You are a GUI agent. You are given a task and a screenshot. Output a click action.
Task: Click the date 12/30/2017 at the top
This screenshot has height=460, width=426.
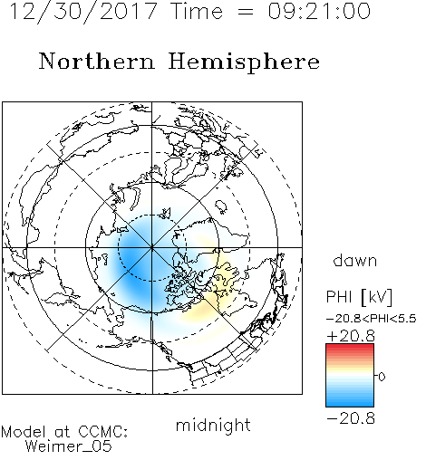coord(83,11)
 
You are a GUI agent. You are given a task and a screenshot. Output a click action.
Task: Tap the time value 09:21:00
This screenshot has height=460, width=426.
coord(319,11)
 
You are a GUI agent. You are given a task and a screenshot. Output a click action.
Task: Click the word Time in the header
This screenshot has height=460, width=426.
coord(197,11)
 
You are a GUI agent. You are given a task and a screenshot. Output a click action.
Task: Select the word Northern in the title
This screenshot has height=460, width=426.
coord(97,61)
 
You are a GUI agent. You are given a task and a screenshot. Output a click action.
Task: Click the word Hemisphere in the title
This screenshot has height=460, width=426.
coord(244,62)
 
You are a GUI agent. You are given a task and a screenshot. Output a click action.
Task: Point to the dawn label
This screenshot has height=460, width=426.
coord(355,260)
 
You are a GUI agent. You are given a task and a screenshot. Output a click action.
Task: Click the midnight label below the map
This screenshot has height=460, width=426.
coord(213,426)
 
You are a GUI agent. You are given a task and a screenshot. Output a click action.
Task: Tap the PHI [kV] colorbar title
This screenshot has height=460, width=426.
coord(359,297)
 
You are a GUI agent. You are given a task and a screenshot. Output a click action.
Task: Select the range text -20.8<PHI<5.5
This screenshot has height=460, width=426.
coord(372,319)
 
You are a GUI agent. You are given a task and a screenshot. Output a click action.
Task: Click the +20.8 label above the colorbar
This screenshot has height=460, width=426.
coord(351,336)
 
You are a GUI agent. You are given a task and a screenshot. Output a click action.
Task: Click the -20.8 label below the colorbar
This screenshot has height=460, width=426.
coord(351,418)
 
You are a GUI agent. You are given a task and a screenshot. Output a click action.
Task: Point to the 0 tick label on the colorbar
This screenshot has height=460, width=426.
coord(382,377)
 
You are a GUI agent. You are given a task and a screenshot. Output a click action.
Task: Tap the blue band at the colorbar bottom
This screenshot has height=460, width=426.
coord(350,402)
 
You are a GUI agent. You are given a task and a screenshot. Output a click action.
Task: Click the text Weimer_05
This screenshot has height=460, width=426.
coord(69,446)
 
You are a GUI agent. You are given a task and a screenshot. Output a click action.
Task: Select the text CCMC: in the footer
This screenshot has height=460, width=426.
coord(103,431)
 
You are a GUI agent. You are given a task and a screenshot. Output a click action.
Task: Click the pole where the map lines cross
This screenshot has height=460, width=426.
coord(152,248)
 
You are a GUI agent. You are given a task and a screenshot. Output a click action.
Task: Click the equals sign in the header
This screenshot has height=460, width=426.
coord(245,12)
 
